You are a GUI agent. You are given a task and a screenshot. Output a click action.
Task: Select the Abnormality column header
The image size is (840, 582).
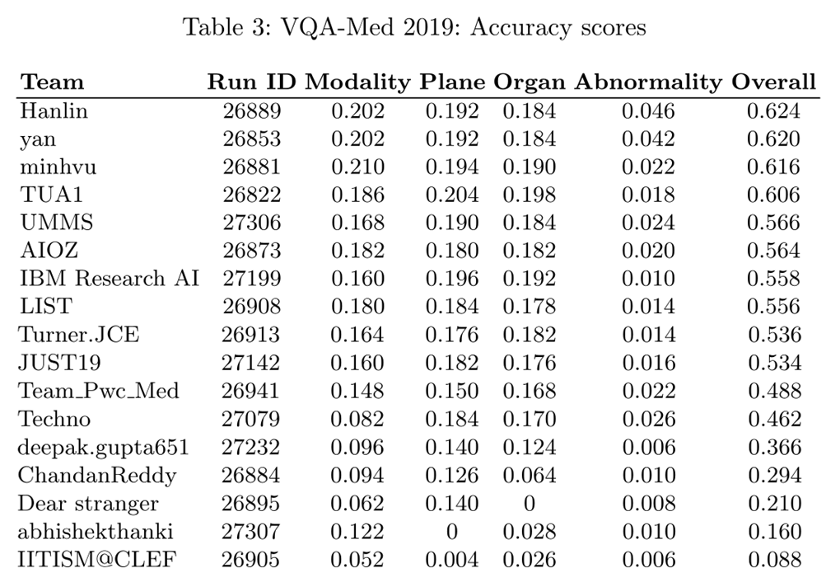[x=647, y=82]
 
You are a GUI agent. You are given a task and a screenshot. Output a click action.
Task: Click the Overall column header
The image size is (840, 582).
[x=773, y=82]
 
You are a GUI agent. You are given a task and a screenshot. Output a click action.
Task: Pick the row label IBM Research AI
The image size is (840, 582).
[x=109, y=279]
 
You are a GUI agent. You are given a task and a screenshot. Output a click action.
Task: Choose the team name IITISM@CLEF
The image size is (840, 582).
[x=97, y=560]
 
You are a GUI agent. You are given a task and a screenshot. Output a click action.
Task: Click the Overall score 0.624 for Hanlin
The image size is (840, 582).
[x=773, y=111]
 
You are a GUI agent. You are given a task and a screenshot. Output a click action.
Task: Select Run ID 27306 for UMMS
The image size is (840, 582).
[x=251, y=223]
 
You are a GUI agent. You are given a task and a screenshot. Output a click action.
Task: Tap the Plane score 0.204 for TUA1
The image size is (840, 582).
[x=451, y=195]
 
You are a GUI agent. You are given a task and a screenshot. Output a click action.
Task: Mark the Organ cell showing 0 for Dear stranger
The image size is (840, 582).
[x=530, y=504]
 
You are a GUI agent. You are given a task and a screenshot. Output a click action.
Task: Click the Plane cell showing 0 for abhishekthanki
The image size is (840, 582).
[x=451, y=532]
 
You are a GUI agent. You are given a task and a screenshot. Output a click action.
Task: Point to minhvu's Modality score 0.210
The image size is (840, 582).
[x=357, y=167]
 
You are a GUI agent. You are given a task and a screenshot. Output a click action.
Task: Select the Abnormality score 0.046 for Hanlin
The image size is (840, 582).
[x=647, y=111]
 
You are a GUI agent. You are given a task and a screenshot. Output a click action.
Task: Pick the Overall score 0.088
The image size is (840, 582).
[x=773, y=560]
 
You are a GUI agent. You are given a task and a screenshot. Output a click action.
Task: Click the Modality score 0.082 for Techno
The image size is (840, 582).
[x=357, y=420]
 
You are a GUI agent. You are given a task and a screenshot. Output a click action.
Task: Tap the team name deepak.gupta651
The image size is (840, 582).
[x=104, y=448]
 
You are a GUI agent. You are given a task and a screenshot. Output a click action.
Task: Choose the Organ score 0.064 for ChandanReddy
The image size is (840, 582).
[x=530, y=476]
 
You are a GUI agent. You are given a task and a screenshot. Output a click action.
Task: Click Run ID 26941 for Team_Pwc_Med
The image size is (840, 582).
[x=251, y=392]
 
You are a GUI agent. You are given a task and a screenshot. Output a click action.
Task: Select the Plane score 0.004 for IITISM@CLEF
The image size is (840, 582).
[x=451, y=560]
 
